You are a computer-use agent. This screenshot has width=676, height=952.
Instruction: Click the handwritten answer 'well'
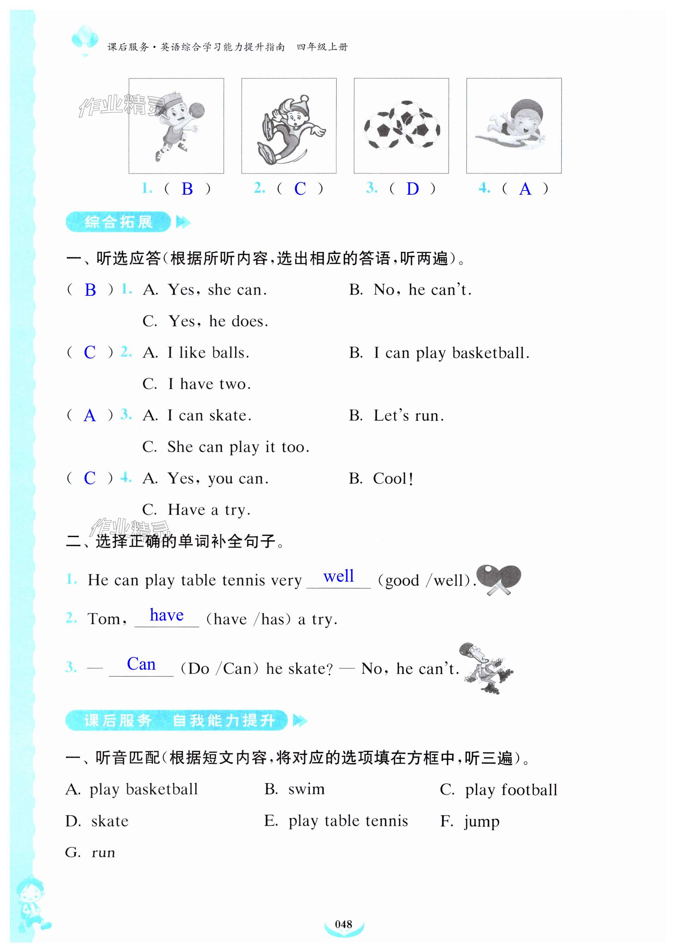339,576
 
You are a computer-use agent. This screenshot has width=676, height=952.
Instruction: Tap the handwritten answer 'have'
167,615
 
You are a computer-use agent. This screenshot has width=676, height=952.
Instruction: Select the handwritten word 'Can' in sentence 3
141,664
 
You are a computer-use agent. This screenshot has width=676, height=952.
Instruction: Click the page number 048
343,924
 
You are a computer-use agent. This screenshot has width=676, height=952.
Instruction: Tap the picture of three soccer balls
401,125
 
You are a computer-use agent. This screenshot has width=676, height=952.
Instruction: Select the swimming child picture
513,125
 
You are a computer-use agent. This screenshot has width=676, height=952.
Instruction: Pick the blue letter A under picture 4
525,189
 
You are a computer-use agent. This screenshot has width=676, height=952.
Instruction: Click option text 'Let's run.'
408,415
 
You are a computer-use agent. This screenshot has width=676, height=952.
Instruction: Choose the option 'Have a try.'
209,510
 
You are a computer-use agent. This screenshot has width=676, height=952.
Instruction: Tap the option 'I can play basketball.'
451,353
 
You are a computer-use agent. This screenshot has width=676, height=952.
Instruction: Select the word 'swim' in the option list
306,789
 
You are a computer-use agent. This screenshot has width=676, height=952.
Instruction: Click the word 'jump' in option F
481,821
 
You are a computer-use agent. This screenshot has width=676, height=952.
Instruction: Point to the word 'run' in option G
103,853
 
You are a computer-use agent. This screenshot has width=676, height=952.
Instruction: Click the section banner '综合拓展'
118,222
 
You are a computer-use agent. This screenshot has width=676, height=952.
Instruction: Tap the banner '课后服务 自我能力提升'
177,720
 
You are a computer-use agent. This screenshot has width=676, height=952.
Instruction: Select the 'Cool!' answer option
393,478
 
